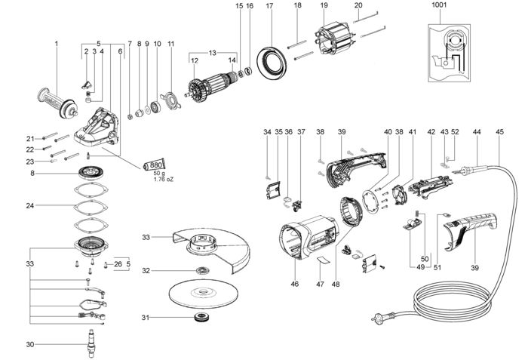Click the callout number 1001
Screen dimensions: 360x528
(x=439, y=5)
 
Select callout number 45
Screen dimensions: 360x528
(x=500, y=132)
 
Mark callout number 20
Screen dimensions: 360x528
(x=358, y=5)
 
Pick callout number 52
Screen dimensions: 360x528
(x=455, y=132)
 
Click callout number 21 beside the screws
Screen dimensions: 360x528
(x=30, y=138)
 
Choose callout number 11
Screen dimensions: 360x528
(x=170, y=44)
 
